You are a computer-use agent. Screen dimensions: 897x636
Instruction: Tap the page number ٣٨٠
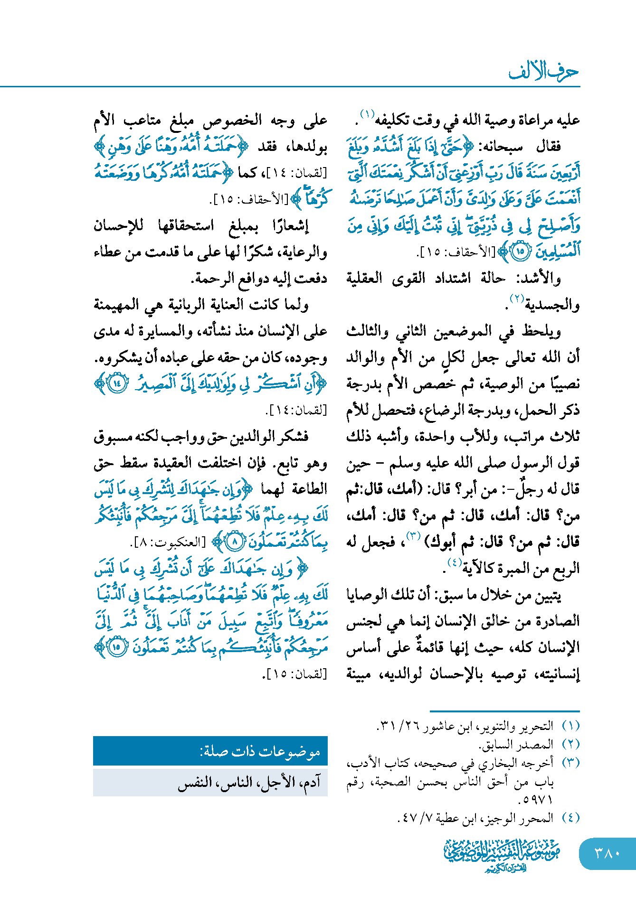tap(607, 853)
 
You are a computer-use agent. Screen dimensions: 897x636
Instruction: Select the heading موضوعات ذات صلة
tap(260, 751)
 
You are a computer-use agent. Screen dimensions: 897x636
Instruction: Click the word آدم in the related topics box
tap(311, 782)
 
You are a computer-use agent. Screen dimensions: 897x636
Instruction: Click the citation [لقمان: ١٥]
tap(295, 674)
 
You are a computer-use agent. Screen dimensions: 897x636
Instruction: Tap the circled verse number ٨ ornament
tap(234, 541)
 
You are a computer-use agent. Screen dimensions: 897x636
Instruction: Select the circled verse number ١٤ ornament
tap(117, 383)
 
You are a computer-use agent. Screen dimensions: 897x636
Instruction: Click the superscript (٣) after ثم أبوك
tap(413, 537)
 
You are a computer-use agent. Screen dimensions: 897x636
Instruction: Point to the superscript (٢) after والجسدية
tap(516, 299)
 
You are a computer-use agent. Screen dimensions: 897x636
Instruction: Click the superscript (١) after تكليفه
tap(366, 114)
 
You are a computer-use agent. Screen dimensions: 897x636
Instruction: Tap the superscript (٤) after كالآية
tap(454, 563)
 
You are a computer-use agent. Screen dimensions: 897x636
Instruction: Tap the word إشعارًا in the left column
tap(290, 226)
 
